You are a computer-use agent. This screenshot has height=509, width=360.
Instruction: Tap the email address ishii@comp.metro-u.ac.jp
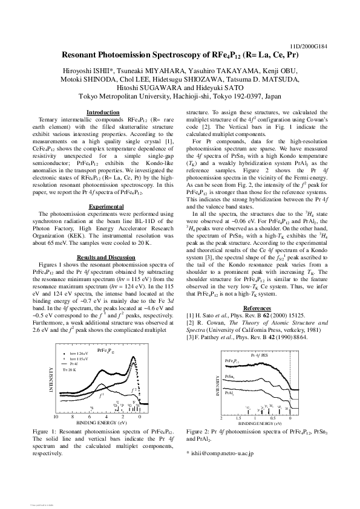point(223,453)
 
